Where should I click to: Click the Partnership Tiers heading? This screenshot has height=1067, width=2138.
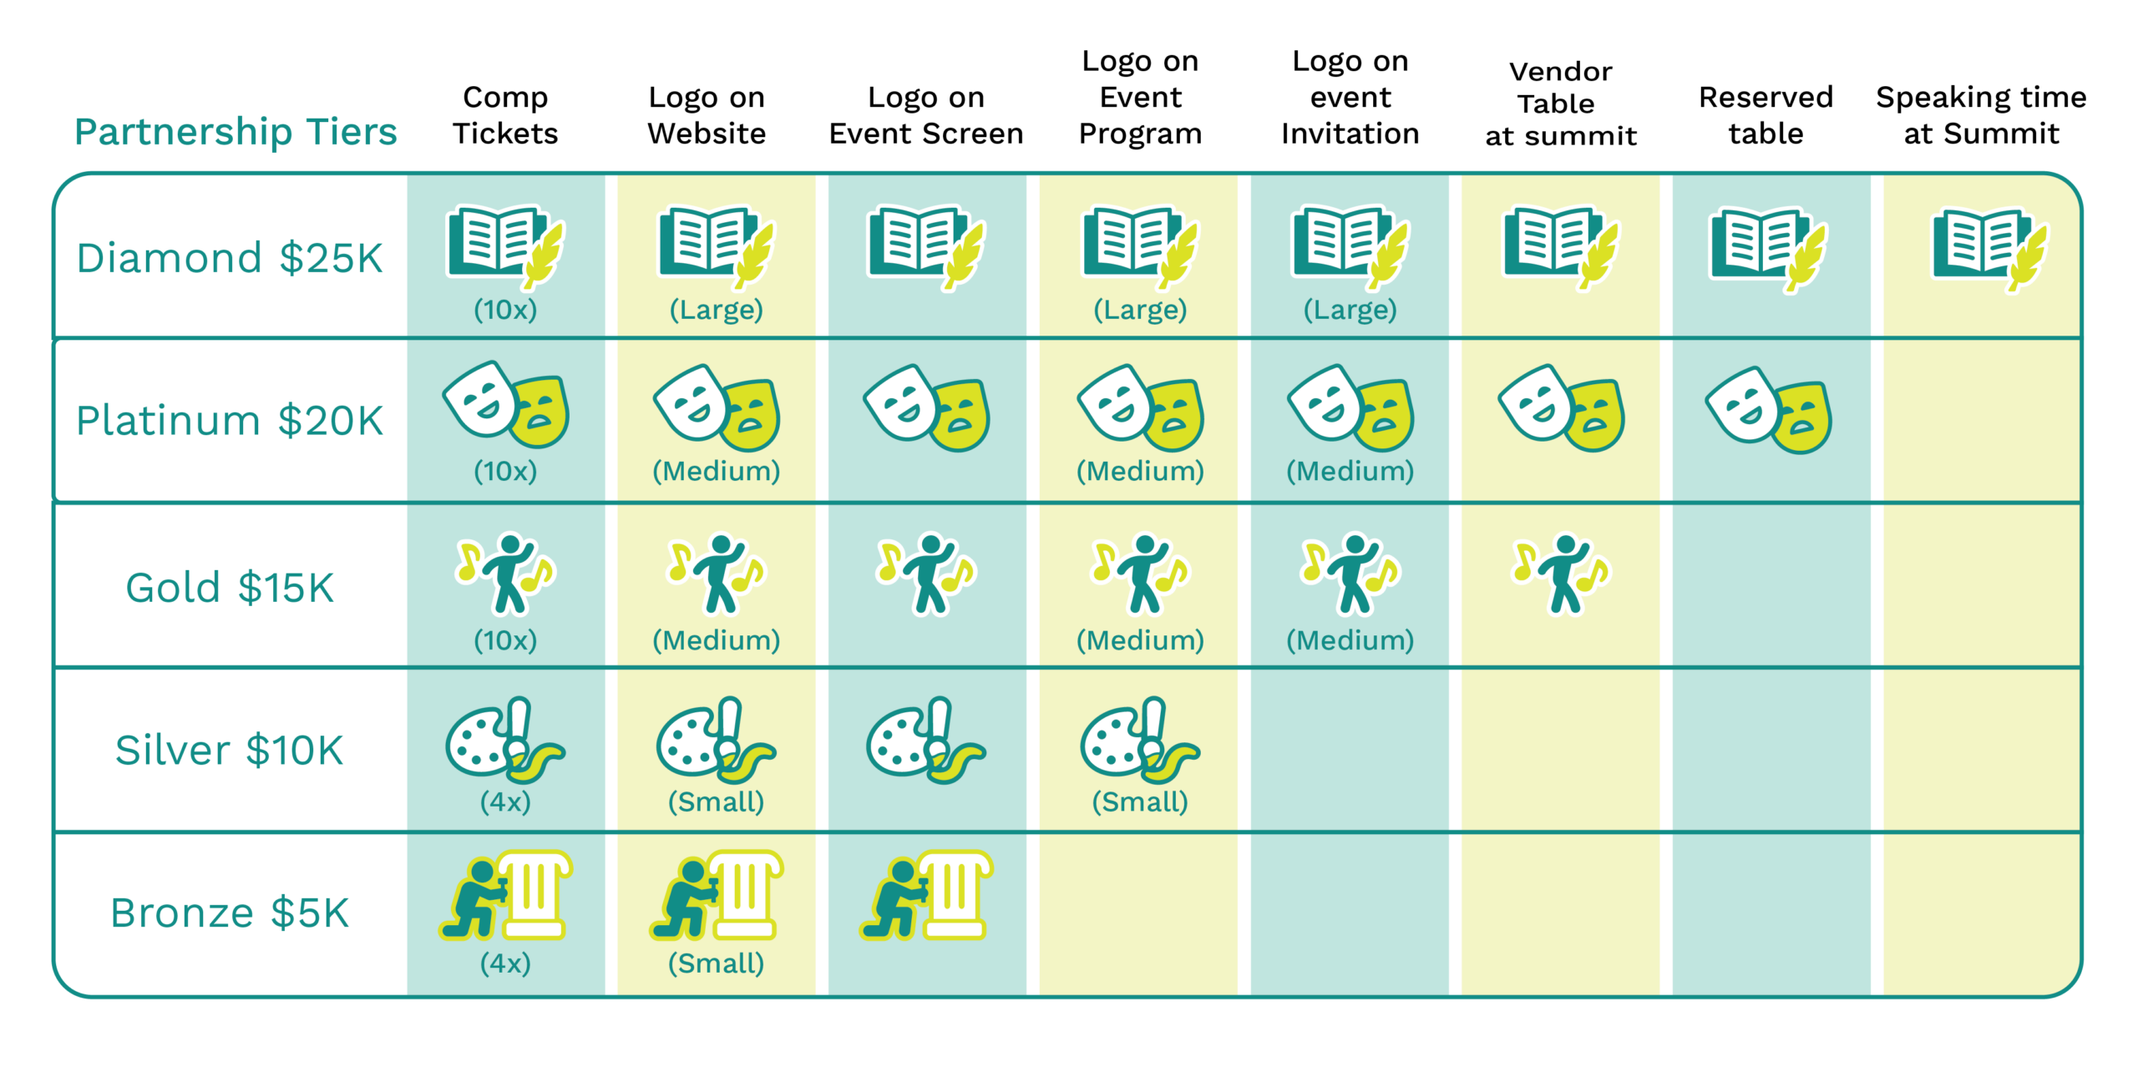[236, 132]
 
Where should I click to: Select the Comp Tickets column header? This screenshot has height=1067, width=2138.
[505, 115]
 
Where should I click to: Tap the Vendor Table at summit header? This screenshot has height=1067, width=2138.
[1560, 104]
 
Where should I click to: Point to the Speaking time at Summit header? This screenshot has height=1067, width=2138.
[1981, 115]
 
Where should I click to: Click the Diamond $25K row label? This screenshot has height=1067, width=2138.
[230, 258]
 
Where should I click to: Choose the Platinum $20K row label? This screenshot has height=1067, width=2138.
[230, 420]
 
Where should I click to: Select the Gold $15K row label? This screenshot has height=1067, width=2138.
[230, 587]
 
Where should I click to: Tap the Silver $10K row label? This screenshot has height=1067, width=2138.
[230, 750]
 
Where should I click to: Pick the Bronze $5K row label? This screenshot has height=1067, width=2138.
[230, 913]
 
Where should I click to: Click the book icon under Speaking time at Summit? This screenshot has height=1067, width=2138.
[1989, 249]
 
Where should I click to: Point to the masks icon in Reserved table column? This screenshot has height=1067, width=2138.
[1768, 409]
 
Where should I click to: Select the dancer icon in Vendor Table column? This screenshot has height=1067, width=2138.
[1561, 574]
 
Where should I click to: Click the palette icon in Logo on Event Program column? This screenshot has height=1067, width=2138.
[1139, 740]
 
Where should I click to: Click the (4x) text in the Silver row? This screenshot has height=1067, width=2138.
[505, 802]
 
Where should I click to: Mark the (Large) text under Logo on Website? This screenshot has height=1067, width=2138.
[717, 310]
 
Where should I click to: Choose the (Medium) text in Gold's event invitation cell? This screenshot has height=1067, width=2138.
[1350, 640]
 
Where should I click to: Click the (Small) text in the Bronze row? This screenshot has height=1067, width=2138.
[717, 963]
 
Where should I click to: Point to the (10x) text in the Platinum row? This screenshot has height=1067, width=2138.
[505, 471]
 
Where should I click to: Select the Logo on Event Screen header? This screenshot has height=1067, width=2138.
[926, 115]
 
